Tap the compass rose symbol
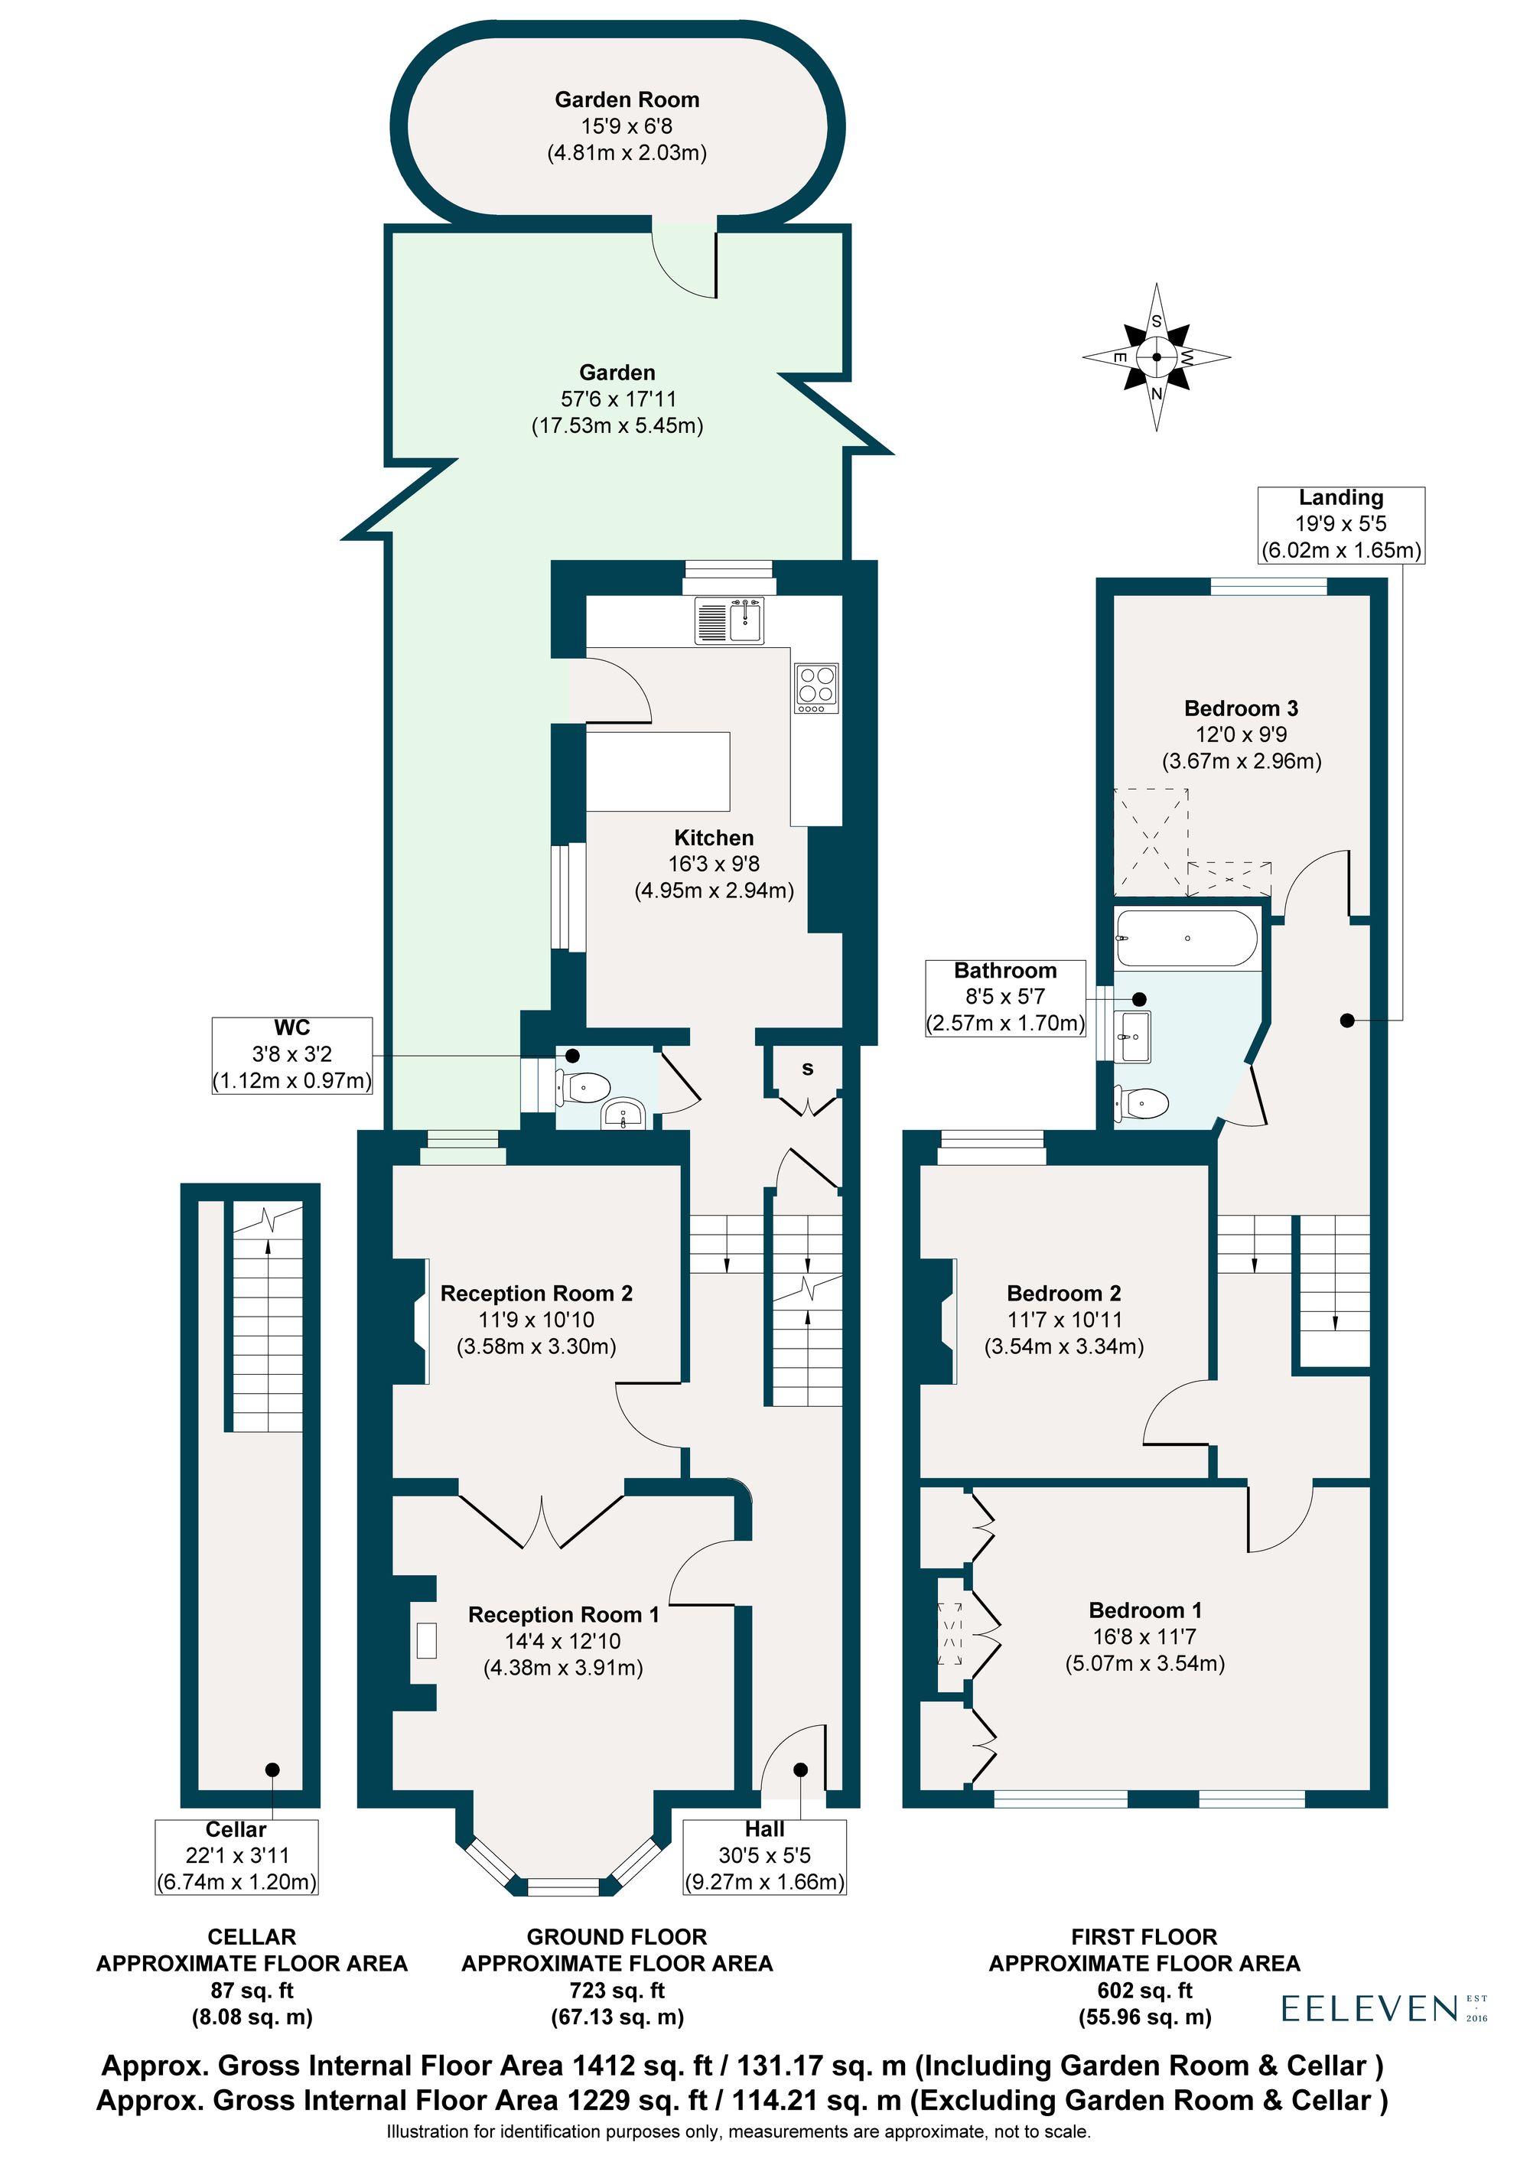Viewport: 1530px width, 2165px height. pyautogui.click(x=1156, y=357)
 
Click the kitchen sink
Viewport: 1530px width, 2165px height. pyautogui.click(x=730, y=620)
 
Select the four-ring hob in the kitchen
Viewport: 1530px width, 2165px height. pyautogui.click(x=816, y=688)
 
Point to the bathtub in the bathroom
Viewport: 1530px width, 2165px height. pyautogui.click(x=1185, y=938)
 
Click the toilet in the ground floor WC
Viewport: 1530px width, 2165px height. pyautogui.click(x=584, y=1087)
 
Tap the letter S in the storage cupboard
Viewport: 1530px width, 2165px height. pyautogui.click(x=807, y=1069)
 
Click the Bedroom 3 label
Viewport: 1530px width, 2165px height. pyautogui.click(x=1241, y=708)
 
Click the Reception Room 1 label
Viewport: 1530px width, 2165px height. pyautogui.click(x=563, y=1615)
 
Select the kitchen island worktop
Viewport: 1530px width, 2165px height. pyautogui.click(x=658, y=771)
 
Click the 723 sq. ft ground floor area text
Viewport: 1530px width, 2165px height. pyautogui.click(x=617, y=1991)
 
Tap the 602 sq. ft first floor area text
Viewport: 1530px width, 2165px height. pyautogui.click(x=1144, y=1991)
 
